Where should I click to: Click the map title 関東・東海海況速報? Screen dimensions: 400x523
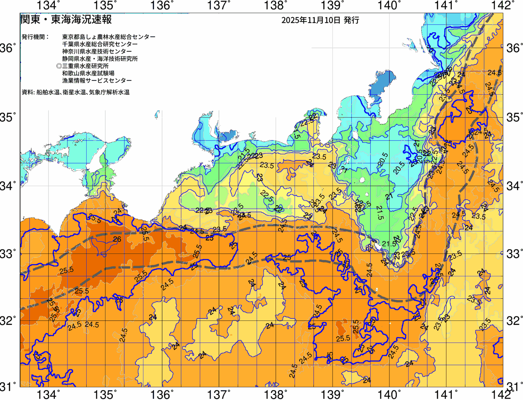coord(66,19)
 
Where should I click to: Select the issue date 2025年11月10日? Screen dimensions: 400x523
coord(311,20)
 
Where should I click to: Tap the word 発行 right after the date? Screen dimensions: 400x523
coord(351,20)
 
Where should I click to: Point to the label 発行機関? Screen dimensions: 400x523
coord(35,37)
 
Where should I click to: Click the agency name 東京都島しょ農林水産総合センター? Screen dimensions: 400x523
coord(109,37)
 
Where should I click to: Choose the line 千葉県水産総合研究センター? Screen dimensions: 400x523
coord(100,44)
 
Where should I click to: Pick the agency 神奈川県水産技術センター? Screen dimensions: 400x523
coord(97,51)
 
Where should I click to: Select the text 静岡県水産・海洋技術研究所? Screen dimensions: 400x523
coord(100,59)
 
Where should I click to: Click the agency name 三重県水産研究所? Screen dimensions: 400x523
coord(85,66)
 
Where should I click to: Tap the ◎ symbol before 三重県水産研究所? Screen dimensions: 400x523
coord(59,66)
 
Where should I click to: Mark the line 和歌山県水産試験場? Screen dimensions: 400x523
coord(88,73)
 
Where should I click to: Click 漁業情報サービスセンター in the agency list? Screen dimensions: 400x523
coord(97,81)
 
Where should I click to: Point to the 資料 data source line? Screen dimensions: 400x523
coord(76,92)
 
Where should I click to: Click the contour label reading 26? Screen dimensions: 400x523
coord(117,239)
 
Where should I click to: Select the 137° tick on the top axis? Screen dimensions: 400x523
coord(217,5)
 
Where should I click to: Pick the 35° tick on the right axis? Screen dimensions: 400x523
coord(514,118)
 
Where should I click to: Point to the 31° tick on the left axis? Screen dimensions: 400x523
coord(8,386)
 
